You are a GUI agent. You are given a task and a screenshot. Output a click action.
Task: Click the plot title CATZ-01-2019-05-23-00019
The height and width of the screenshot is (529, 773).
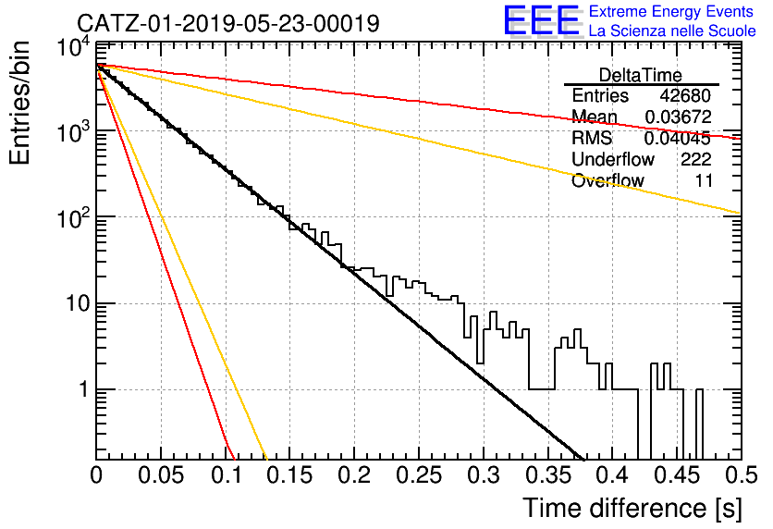(x=228, y=23)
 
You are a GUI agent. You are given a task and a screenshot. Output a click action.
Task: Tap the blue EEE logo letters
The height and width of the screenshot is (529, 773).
(x=542, y=20)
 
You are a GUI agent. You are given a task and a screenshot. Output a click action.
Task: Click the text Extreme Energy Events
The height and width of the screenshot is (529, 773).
(x=671, y=11)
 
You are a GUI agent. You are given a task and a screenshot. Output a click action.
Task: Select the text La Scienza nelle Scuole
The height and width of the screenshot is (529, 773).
(x=672, y=31)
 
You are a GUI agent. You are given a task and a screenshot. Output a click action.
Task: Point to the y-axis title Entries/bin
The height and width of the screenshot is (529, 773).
(x=19, y=103)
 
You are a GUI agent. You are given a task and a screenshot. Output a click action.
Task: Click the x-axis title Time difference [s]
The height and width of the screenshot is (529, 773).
(x=632, y=508)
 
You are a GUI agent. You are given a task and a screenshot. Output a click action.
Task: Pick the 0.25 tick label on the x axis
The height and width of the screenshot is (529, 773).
(x=419, y=475)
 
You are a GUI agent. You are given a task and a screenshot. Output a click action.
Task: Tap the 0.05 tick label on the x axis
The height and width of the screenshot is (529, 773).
(x=161, y=475)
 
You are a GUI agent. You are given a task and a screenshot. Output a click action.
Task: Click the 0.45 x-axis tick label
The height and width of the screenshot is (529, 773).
(x=678, y=475)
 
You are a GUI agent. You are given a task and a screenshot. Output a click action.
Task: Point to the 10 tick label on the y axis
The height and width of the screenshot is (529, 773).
(x=78, y=303)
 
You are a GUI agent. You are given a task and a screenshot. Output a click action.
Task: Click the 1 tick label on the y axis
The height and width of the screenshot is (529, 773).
(x=84, y=390)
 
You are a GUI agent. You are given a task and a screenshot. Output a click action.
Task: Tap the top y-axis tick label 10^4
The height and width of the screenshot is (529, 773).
(x=74, y=48)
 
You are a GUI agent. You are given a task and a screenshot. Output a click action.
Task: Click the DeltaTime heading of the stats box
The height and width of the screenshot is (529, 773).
(x=641, y=75)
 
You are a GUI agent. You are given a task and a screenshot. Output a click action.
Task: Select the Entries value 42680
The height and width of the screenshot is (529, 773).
(x=685, y=95)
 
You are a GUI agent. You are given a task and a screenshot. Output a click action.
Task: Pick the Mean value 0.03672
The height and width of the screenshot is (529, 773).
(x=679, y=117)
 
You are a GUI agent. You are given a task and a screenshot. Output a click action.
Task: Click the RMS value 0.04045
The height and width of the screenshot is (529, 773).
(x=678, y=138)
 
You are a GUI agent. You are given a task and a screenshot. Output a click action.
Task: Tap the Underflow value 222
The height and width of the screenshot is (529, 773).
(x=696, y=159)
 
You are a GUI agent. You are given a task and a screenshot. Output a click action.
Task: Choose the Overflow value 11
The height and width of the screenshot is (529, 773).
(x=704, y=180)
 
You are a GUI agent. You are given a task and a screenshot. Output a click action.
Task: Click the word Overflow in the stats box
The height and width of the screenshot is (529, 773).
(x=607, y=180)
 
